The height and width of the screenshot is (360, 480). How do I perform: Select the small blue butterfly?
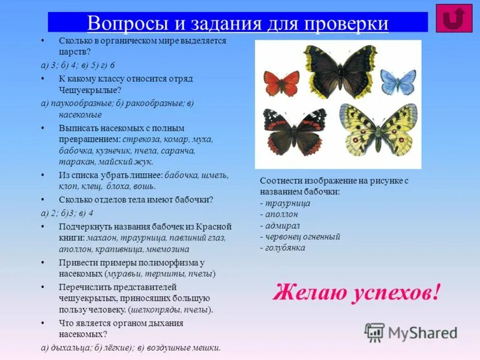[x=398, y=82]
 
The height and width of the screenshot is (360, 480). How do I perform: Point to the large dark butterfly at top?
[x=340, y=71]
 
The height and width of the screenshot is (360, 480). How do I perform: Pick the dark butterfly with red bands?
[x=294, y=131]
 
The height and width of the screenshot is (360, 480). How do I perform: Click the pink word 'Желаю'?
[x=307, y=292]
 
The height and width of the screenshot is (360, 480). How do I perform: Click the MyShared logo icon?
[x=374, y=332]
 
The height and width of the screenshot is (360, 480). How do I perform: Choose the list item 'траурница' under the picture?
[x=287, y=203]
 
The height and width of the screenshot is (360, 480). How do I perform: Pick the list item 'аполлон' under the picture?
[x=281, y=214]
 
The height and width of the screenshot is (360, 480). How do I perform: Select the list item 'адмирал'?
[x=281, y=225]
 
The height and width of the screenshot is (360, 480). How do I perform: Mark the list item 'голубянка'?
[x=285, y=247]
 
